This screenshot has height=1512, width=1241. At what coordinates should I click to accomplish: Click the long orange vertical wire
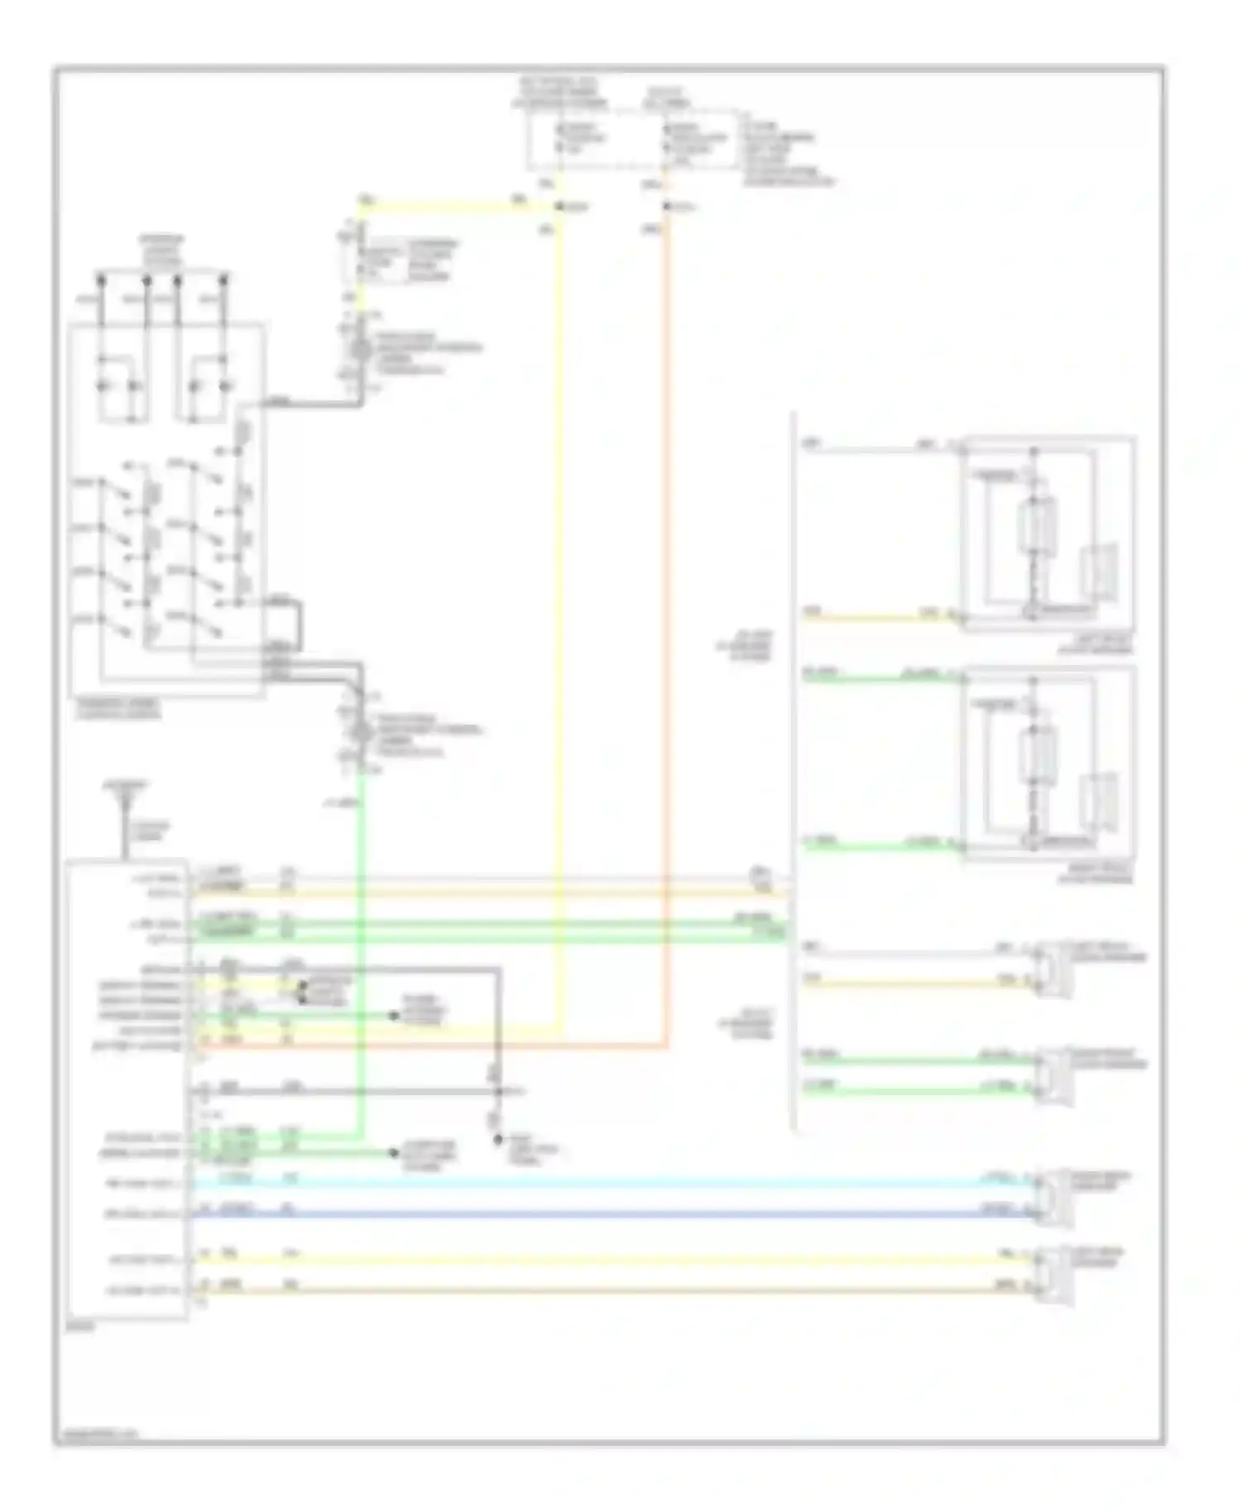667,629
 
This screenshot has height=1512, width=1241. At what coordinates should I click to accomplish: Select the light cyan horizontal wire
612,1183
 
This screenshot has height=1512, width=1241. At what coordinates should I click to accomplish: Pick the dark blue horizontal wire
612,1214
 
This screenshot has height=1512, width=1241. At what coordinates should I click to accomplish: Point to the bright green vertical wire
362,951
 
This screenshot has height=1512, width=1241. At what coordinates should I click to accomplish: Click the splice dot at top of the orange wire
667,206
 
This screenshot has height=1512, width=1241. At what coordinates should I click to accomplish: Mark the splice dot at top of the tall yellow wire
561,206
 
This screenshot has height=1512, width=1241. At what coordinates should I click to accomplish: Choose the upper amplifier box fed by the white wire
1047,534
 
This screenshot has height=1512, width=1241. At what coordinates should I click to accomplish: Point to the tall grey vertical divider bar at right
794,769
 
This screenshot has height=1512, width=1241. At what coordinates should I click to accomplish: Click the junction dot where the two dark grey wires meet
498,1092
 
